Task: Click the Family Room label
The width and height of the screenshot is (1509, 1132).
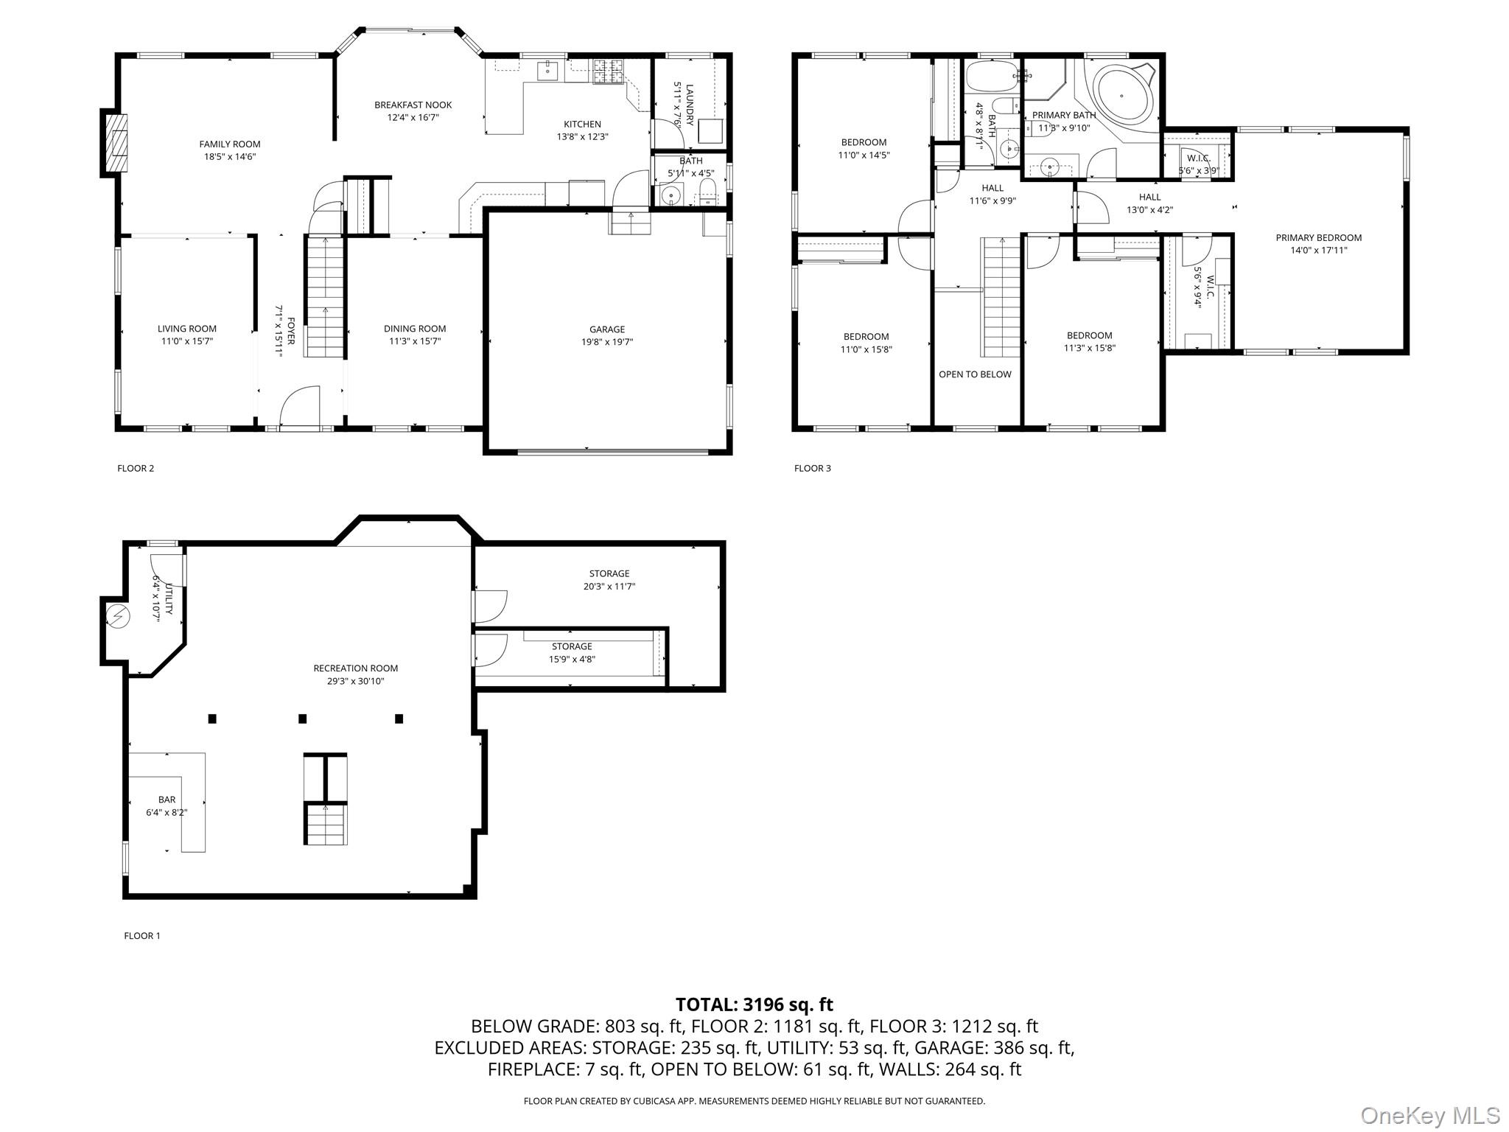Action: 230,144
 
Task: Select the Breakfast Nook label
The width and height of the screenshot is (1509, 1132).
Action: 413,105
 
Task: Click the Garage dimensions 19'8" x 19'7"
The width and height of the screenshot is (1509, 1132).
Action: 607,342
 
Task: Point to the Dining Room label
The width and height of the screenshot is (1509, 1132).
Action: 415,329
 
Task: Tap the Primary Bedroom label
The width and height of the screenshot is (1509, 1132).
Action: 1319,237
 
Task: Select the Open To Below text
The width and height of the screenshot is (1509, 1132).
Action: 975,374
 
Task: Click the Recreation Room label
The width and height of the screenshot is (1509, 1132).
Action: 356,668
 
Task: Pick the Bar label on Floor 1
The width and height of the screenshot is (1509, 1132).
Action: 167,800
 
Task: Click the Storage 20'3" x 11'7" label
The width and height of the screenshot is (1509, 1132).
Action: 609,580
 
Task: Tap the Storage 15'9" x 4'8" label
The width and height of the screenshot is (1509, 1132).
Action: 572,653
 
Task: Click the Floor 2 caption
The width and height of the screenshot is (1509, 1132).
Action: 136,468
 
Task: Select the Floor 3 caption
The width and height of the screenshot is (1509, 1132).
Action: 813,468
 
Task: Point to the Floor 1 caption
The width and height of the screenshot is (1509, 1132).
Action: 142,936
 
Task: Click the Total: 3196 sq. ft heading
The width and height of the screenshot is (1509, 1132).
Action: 754,1005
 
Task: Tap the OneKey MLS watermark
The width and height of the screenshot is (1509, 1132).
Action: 1429,1115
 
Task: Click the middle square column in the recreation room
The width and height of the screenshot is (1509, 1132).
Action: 302,719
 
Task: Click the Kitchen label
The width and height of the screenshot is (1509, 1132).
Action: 582,124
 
